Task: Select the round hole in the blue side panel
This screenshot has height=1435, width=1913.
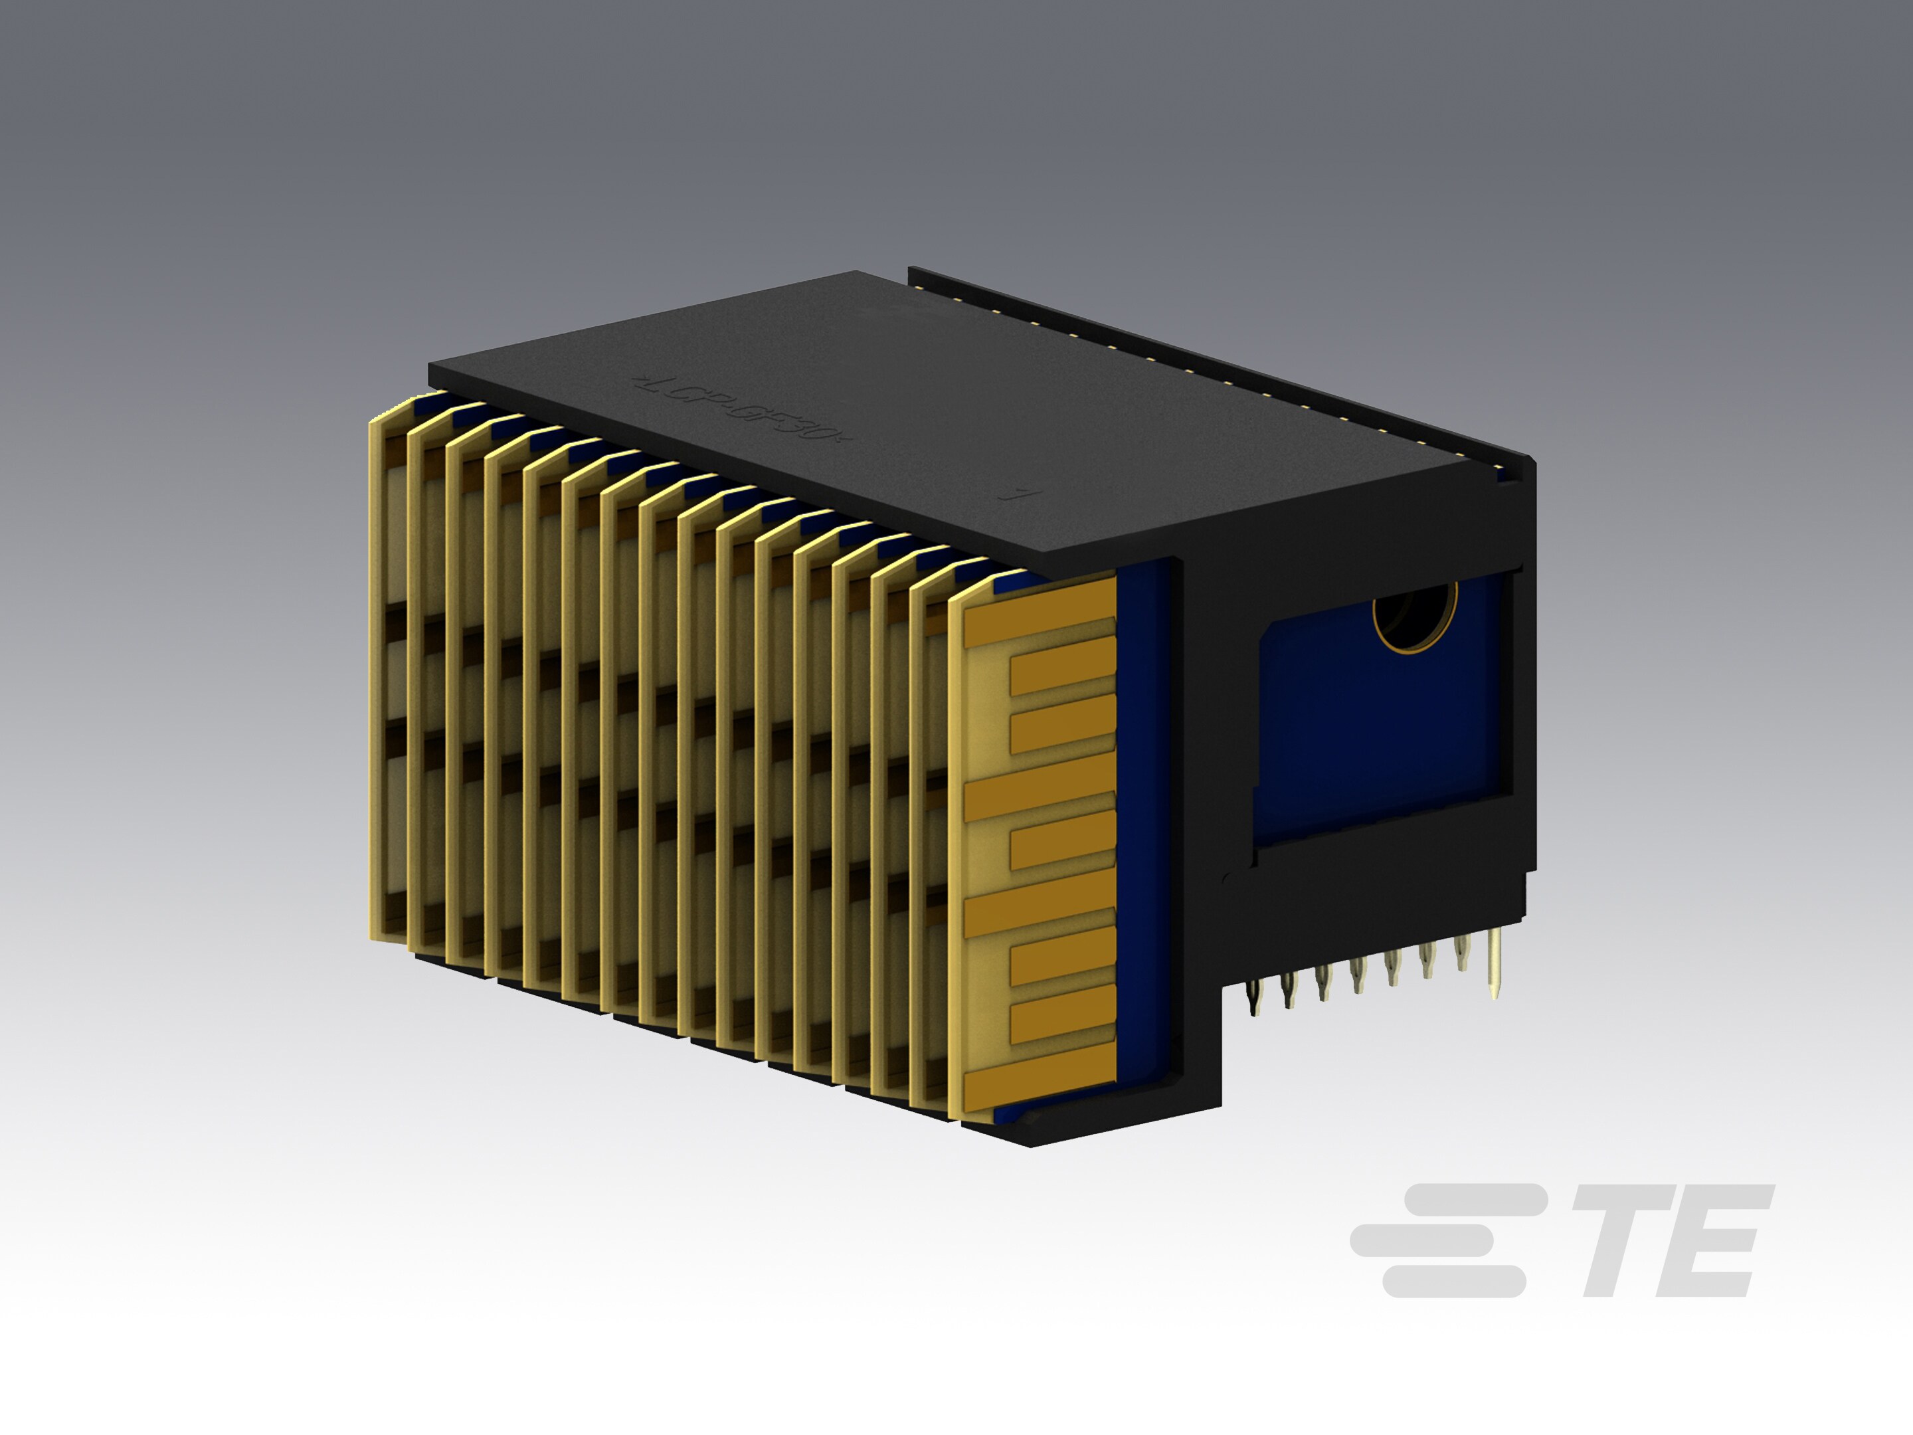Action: point(1415,616)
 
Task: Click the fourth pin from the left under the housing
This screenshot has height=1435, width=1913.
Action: point(1357,976)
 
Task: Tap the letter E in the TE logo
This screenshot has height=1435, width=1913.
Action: point(1716,1240)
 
